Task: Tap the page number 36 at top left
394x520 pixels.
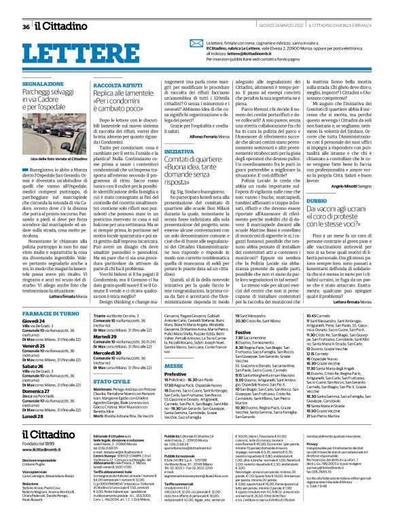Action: pyautogui.click(x=25, y=26)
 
